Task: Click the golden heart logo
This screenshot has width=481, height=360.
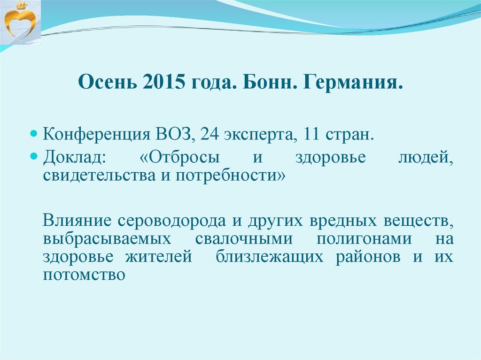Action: point(20,22)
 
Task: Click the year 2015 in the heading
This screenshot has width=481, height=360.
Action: point(164,82)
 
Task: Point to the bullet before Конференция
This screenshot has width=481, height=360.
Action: point(34,134)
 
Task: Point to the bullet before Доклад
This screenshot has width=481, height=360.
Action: point(34,156)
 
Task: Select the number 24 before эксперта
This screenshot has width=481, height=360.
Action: point(209,134)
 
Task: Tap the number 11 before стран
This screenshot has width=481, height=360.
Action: point(310,134)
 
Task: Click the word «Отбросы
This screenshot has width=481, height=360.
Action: point(179,157)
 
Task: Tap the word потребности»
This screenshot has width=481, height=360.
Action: point(231,176)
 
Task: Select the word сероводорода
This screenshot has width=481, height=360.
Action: point(171,221)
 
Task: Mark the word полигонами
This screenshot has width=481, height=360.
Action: point(364,238)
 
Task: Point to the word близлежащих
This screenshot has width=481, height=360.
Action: point(270,257)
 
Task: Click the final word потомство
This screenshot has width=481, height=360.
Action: point(84,275)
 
